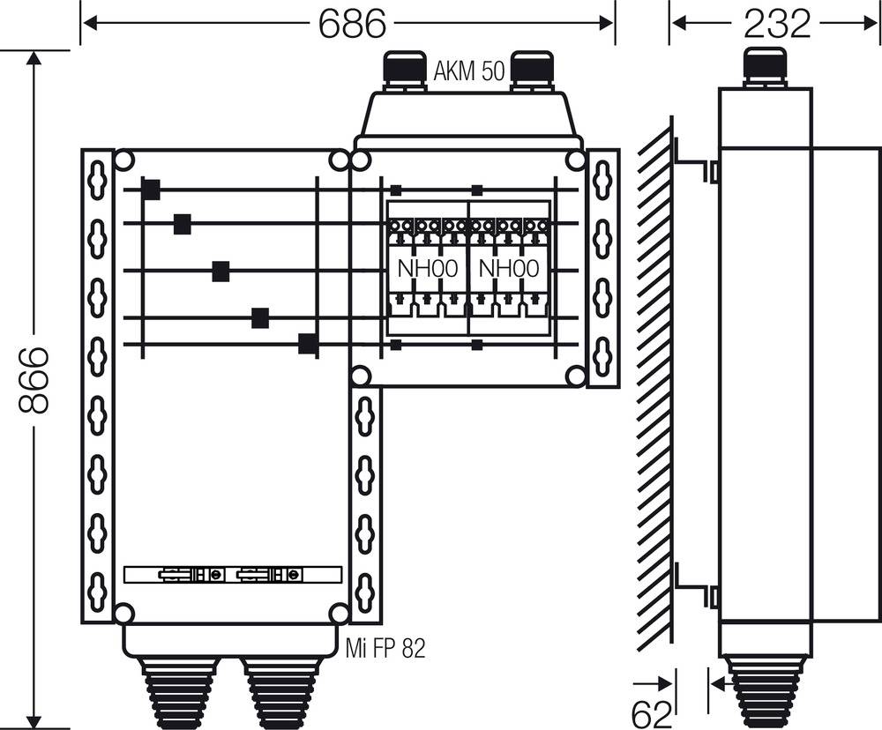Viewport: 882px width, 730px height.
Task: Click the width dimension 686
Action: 351,24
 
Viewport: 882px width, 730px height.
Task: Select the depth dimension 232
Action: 776,24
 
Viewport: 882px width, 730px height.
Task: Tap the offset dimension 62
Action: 654,711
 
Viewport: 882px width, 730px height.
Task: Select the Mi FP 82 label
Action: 385,650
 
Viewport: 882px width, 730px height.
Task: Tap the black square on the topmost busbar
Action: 151,190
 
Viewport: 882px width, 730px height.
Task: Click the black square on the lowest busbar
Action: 308,344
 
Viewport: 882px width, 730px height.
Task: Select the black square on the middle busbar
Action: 220,272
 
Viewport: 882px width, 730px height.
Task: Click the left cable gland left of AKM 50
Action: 402,71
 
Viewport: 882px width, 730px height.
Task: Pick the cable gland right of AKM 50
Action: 532,71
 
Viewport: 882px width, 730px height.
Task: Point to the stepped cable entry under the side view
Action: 764,692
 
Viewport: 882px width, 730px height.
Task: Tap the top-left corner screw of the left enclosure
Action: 124,160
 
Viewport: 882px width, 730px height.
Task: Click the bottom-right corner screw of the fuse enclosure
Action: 575,376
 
